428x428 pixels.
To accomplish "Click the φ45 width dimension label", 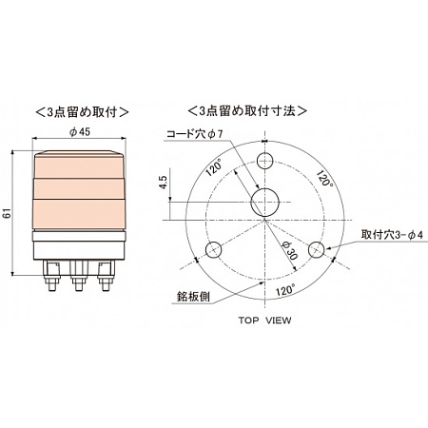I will (x=80, y=132).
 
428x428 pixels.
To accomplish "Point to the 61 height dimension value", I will (x=10, y=215).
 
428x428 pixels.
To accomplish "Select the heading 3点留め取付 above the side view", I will (x=79, y=109).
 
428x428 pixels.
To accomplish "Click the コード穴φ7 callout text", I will (x=195, y=133).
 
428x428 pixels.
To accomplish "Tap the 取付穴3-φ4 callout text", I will (x=391, y=233).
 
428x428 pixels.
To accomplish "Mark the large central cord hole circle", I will (x=263, y=202).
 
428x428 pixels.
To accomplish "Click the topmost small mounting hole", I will (x=263, y=158).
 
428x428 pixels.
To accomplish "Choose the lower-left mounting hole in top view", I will (x=213, y=250).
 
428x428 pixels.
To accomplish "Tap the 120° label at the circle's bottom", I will (x=281, y=288).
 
